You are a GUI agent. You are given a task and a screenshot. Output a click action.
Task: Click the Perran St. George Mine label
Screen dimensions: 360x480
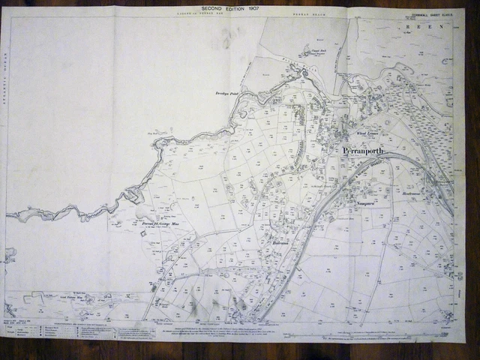click(x=159, y=222)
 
